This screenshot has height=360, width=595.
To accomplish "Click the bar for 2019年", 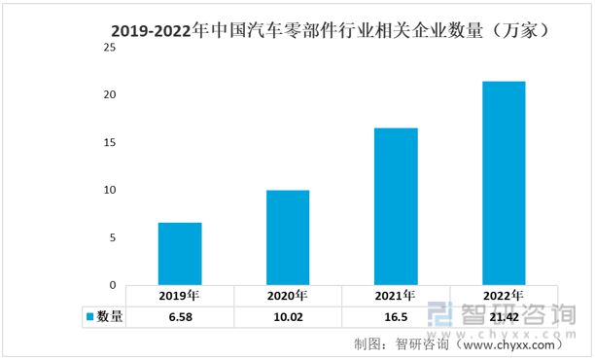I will pyautogui.click(x=180, y=254).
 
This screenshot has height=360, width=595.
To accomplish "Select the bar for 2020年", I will pyautogui.click(x=288, y=237).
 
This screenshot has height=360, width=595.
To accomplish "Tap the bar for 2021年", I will pyautogui.click(x=396, y=206).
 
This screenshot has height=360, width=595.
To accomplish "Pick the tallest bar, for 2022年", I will pyautogui.click(x=503, y=183).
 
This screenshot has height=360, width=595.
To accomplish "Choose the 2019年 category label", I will pyautogui.click(x=180, y=296).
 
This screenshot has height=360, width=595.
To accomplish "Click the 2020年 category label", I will pyautogui.click(x=288, y=296).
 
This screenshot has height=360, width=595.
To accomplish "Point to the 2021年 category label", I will pyautogui.click(x=396, y=296).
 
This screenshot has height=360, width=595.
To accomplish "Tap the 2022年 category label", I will pyautogui.click(x=503, y=296).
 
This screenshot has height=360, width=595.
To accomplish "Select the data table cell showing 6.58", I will pyautogui.click(x=180, y=316).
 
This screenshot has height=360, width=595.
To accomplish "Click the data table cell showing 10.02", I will pyautogui.click(x=288, y=316).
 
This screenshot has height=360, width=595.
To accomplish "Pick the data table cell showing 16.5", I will pyautogui.click(x=396, y=316).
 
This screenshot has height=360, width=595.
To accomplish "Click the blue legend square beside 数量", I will pyautogui.click(x=90, y=316).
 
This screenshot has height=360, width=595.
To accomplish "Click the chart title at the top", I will pyautogui.click(x=332, y=30).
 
